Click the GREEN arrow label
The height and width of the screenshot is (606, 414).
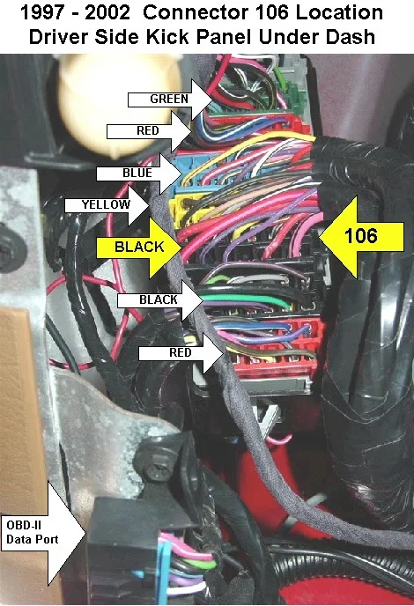[170, 100]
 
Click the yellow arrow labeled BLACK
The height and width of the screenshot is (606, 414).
[139, 247]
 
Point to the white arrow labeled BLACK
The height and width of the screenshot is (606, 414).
[160, 299]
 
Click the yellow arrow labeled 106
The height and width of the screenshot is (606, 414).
[361, 237]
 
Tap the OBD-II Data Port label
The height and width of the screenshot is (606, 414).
[33, 533]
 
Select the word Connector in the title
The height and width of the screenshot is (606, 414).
[196, 12]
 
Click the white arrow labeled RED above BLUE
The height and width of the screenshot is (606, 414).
[149, 131]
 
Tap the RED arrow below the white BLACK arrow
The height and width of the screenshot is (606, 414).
[181, 353]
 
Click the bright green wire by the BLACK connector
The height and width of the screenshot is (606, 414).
[248, 299]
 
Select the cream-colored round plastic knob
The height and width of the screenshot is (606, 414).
[117, 101]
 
